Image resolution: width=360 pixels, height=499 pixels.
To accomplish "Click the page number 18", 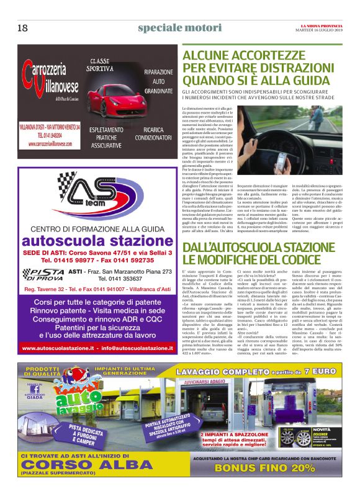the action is [22, 28].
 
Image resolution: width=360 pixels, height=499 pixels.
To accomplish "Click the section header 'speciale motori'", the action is [179, 28].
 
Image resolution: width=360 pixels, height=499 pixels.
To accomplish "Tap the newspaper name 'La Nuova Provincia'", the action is [323, 25].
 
